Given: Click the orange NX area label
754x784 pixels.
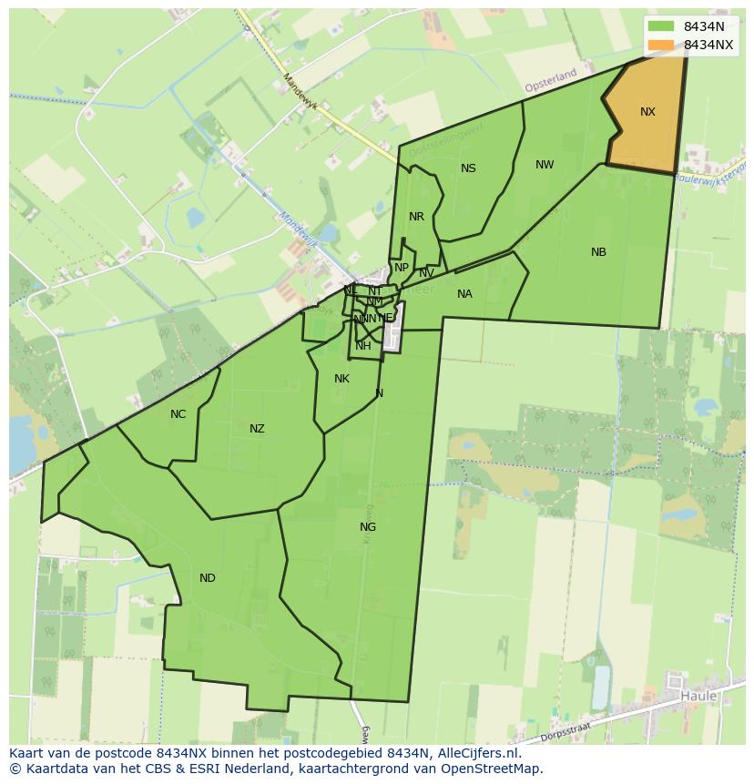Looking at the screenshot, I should [647, 112].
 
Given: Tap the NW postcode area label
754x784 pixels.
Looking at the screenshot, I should [545, 165].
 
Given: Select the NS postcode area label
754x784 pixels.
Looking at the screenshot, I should [468, 168].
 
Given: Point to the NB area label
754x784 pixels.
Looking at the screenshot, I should [598, 252].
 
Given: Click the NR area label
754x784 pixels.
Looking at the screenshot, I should [416, 217].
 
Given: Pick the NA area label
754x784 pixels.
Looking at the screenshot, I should [464, 294].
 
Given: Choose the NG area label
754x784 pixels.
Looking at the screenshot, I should [368, 527].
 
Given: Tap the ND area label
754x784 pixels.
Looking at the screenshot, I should [208, 578].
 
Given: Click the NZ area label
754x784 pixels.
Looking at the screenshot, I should [257, 429].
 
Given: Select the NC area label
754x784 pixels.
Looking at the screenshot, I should [178, 414].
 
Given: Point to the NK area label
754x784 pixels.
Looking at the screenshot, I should [341, 379].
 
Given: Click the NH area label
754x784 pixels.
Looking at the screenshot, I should [363, 346].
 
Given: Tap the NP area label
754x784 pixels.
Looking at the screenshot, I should [401, 268].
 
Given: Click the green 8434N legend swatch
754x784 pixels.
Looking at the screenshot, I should [661, 26].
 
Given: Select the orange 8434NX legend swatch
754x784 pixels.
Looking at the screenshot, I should [661, 45].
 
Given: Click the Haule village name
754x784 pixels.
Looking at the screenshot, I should [698, 697].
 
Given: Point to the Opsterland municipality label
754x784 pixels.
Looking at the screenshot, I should [551, 81].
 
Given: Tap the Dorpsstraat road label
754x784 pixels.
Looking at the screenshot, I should [565, 737].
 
